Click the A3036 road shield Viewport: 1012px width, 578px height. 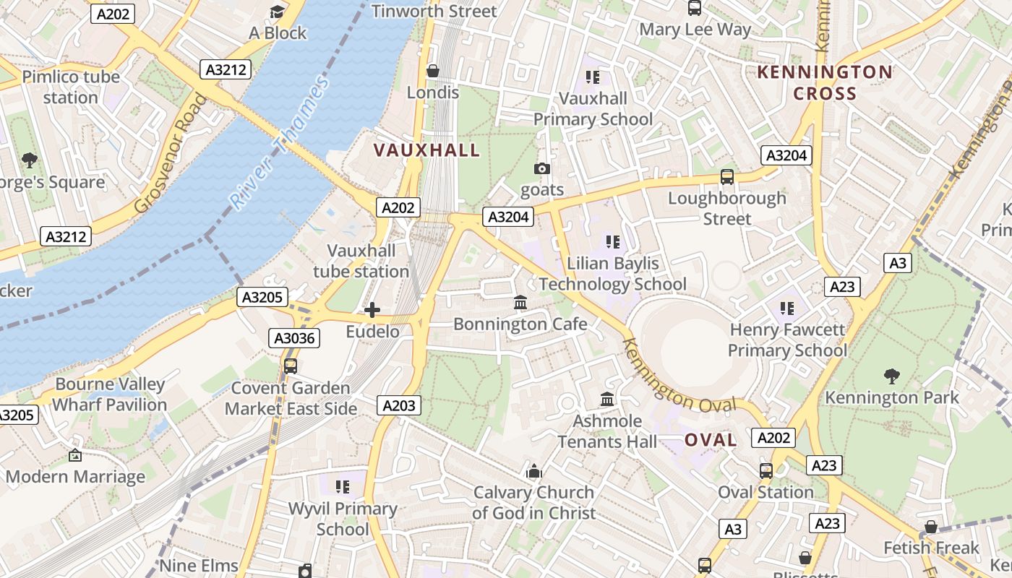click(x=295, y=337)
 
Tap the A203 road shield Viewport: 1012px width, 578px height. click(x=398, y=405)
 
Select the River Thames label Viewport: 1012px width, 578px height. click(x=280, y=142)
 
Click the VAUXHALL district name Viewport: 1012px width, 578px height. click(x=426, y=150)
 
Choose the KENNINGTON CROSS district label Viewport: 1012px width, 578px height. click(x=824, y=82)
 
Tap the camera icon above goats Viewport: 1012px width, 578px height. click(x=541, y=168)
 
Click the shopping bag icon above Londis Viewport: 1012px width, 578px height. click(x=433, y=71)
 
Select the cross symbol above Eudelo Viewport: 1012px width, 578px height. click(x=372, y=310)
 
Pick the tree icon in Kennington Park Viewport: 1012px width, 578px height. click(x=892, y=376)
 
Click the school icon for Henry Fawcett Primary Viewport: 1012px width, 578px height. click(x=787, y=309)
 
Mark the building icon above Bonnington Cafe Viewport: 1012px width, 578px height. click(x=520, y=302)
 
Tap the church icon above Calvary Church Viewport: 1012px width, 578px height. click(x=534, y=471)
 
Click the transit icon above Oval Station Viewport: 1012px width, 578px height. click(x=766, y=471)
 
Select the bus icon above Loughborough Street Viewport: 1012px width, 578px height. click(x=727, y=176)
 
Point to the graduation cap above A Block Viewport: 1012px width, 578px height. click(x=278, y=12)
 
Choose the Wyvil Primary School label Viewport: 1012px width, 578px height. click(x=343, y=519)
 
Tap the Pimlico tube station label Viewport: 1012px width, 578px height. click(x=71, y=87)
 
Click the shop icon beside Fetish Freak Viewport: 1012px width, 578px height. click(x=931, y=527)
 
